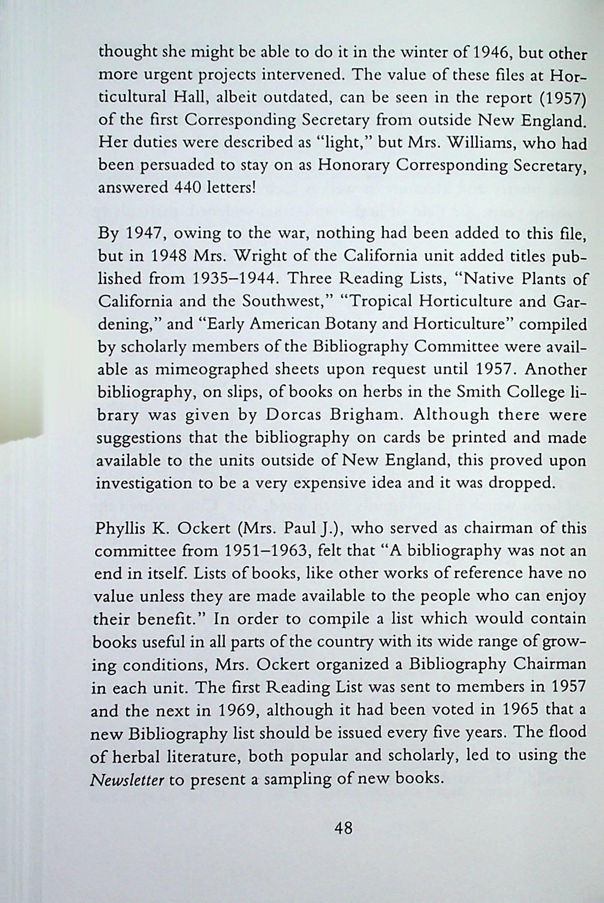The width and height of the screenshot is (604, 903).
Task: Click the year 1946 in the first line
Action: click(492, 52)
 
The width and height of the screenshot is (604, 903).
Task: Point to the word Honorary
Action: click(354, 165)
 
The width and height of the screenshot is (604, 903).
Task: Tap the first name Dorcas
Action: click(292, 415)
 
